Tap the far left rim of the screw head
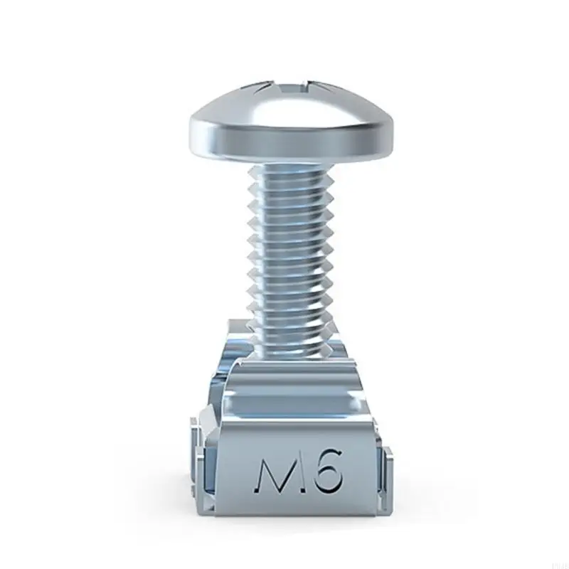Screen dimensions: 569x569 [191, 132]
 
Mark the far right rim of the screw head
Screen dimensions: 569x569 [393, 132]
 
